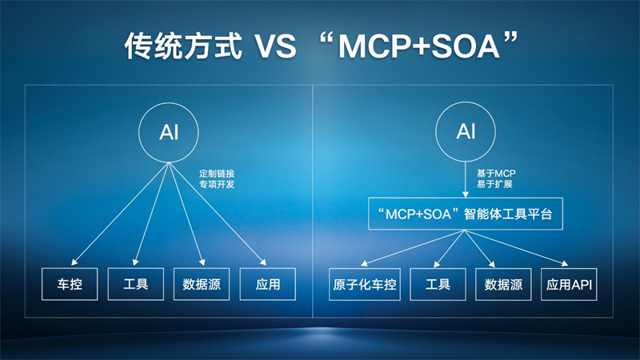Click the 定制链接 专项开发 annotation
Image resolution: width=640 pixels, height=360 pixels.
tap(217, 178)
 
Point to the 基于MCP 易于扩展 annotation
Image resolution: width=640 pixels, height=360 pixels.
tap(496, 178)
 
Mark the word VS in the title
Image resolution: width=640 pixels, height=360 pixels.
tap(275, 46)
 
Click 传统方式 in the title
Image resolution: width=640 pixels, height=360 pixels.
tap(183, 46)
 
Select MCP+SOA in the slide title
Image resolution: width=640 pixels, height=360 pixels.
tap(419, 46)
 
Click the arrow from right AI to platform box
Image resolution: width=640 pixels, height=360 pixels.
tap(466, 179)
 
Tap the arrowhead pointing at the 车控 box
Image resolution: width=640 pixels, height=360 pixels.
tap(74, 262)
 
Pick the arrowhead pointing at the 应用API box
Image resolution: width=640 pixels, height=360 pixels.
tap(565, 264)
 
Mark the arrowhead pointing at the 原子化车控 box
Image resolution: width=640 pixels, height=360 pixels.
tap(364, 263)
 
